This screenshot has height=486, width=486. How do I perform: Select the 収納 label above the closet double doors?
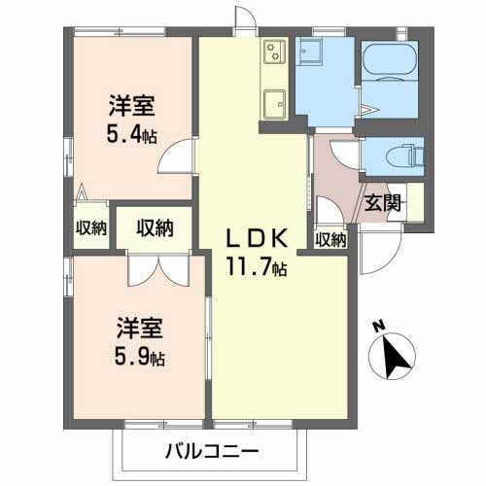pyautogui.click(x=155, y=228)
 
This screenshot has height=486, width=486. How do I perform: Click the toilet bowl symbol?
pyautogui.click(x=400, y=155)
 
